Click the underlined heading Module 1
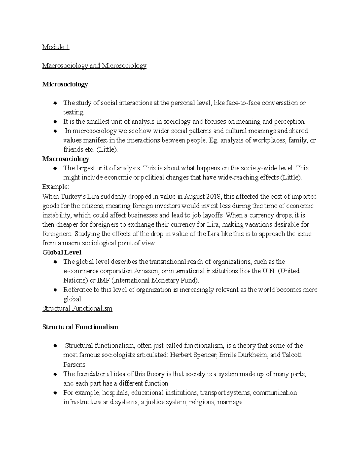click(56, 47)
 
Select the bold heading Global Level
click(62, 252)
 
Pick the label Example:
click(55, 187)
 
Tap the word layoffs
click(213, 215)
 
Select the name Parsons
click(74, 365)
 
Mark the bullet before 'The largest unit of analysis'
click(55, 168)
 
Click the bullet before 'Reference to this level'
click(55, 290)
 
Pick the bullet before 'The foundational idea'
click(55, 374)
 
